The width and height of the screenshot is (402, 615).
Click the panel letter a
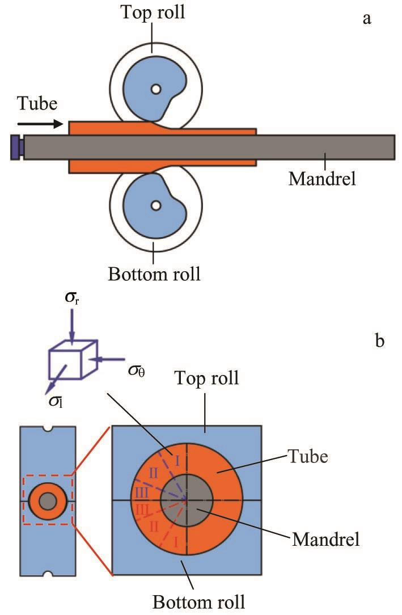(367, 19)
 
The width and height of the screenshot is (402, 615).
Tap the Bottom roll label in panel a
(154, 275)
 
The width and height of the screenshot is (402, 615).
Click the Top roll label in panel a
(153, 12)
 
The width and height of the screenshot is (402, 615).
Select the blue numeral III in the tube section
(142, 493)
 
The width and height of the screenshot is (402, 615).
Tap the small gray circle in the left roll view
(48, 501)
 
